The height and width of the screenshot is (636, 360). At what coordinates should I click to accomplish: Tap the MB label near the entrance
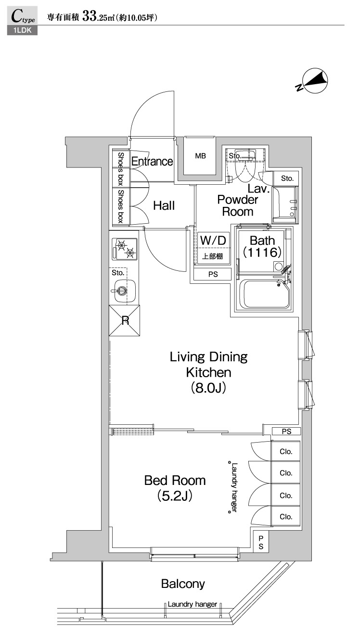click(200, 156)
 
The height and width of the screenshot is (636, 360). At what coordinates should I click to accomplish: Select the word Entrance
click(152, 161)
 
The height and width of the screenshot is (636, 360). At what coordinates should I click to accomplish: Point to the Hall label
click(164, 206)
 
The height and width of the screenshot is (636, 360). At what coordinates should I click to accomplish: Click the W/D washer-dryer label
click(212, 240)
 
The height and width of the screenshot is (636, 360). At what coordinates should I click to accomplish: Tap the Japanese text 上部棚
click(212, 256)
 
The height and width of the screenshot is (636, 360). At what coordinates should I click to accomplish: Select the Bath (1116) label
click(262, 246)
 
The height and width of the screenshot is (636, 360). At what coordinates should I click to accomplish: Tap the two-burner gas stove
click(124, 248)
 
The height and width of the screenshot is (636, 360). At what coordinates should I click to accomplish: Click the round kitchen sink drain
click(122, 290)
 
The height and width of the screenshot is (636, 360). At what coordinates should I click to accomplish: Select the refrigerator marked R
click(125, 320)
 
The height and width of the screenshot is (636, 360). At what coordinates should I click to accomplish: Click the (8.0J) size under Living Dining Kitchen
click(208, 388)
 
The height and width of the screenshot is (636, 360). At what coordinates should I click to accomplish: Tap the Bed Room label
click(175, 480)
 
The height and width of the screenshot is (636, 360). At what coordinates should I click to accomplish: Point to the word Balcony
click(183, 584)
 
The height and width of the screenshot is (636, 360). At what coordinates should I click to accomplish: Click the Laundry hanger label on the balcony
click(192, 604)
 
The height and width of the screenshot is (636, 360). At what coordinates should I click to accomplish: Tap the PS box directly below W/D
click(212, 275)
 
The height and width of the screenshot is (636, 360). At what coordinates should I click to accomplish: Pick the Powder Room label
click(237, 205)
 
